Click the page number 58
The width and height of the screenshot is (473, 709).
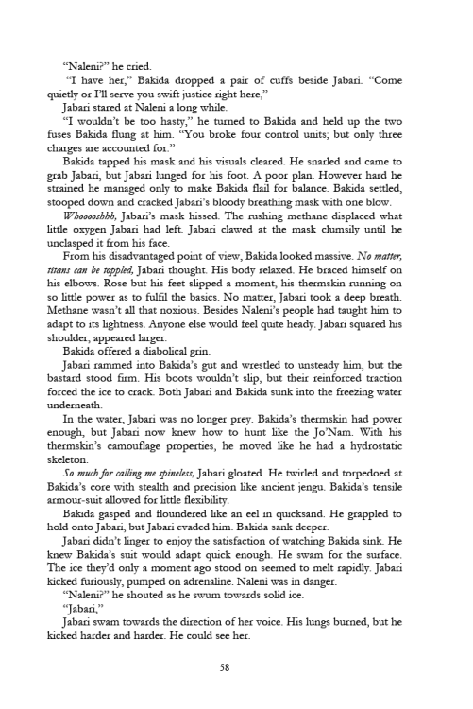pos(236,665)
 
